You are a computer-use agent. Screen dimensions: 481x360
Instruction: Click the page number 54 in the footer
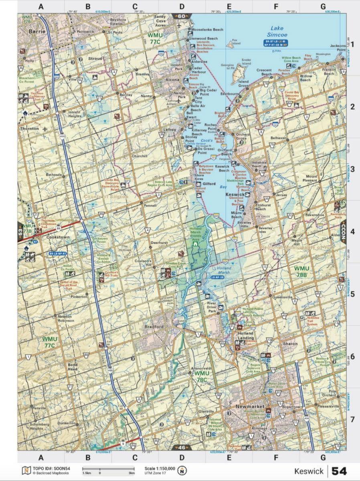[x=339, y=471]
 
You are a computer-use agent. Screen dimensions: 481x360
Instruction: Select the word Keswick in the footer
[x=309, y=471]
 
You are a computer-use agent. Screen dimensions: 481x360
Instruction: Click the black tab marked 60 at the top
[x=181, y=16]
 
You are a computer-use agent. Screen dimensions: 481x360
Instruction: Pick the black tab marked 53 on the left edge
[x=20, y=232]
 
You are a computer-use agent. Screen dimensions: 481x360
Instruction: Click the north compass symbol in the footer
[x=183, y=470]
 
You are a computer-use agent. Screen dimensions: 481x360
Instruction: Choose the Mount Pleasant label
[x=311, y=178]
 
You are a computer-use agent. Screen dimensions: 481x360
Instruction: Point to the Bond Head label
[x=73, y=367]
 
